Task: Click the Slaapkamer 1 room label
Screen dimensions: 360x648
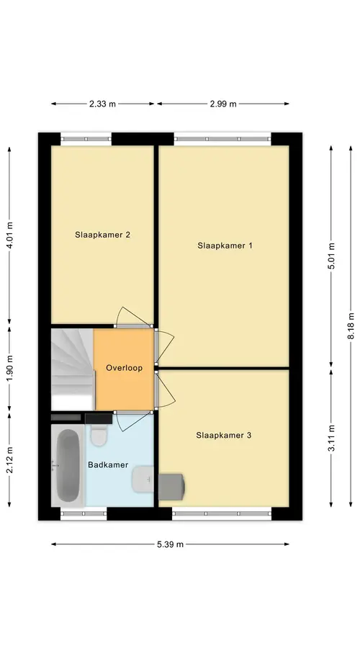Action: (225, 246)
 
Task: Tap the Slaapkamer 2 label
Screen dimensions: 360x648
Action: (102, 235)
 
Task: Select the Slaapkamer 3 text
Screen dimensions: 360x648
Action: (224, 435)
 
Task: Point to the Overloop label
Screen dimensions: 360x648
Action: (124, 368)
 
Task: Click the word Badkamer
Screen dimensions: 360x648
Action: (108, 465)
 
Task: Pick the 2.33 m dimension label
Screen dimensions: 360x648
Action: (102, 104)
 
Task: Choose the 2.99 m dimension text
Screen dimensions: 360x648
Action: (223, 104)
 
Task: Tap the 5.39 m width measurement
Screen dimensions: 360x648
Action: (170, 544)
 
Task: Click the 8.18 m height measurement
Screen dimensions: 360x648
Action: (351, 326)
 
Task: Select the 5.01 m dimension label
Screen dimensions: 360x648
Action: (331, 256)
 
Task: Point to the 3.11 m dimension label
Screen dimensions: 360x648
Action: (331, 438)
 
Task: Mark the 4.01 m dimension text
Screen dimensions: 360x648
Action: (9, 235)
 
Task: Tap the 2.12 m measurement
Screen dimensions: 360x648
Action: (9, 459)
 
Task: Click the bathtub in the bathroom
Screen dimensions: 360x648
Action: (68, 465)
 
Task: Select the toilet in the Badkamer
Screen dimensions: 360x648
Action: (99, 435)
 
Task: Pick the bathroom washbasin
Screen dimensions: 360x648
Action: (143, 480)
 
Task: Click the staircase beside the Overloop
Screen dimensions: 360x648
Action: (72, 369)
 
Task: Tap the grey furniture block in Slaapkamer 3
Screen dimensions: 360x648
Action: (171, 487)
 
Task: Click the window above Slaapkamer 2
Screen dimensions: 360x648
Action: (86, 139)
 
